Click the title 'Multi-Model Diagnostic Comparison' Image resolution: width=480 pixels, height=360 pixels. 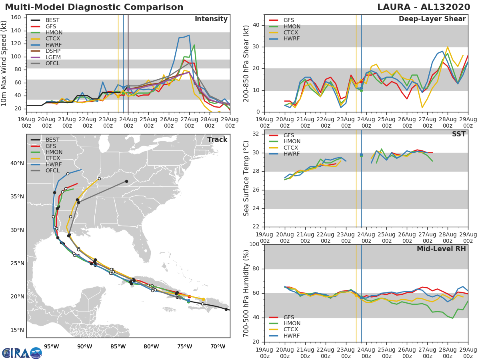(x=94, y=7)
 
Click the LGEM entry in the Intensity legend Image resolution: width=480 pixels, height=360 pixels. (x=53, y=57)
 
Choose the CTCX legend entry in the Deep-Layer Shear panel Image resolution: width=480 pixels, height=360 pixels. (x=292, y=32)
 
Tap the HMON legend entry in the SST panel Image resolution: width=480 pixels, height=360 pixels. (x=292, y=142)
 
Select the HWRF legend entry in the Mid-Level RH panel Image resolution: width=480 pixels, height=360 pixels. (x=292, y=336)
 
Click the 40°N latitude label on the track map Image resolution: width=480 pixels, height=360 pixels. (x=17, y=163)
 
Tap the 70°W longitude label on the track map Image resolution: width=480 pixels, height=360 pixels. (x=218, y=346)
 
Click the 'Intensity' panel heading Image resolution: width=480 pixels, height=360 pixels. (x=211, y=19)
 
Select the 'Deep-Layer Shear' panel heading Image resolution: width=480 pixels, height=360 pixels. (x=432, y=19)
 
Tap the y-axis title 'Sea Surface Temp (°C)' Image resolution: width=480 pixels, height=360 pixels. (x=246, y=178)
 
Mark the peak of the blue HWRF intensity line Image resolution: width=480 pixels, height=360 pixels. (x=189, y=35)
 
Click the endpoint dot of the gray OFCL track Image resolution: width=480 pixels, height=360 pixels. (x=126, y=181)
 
